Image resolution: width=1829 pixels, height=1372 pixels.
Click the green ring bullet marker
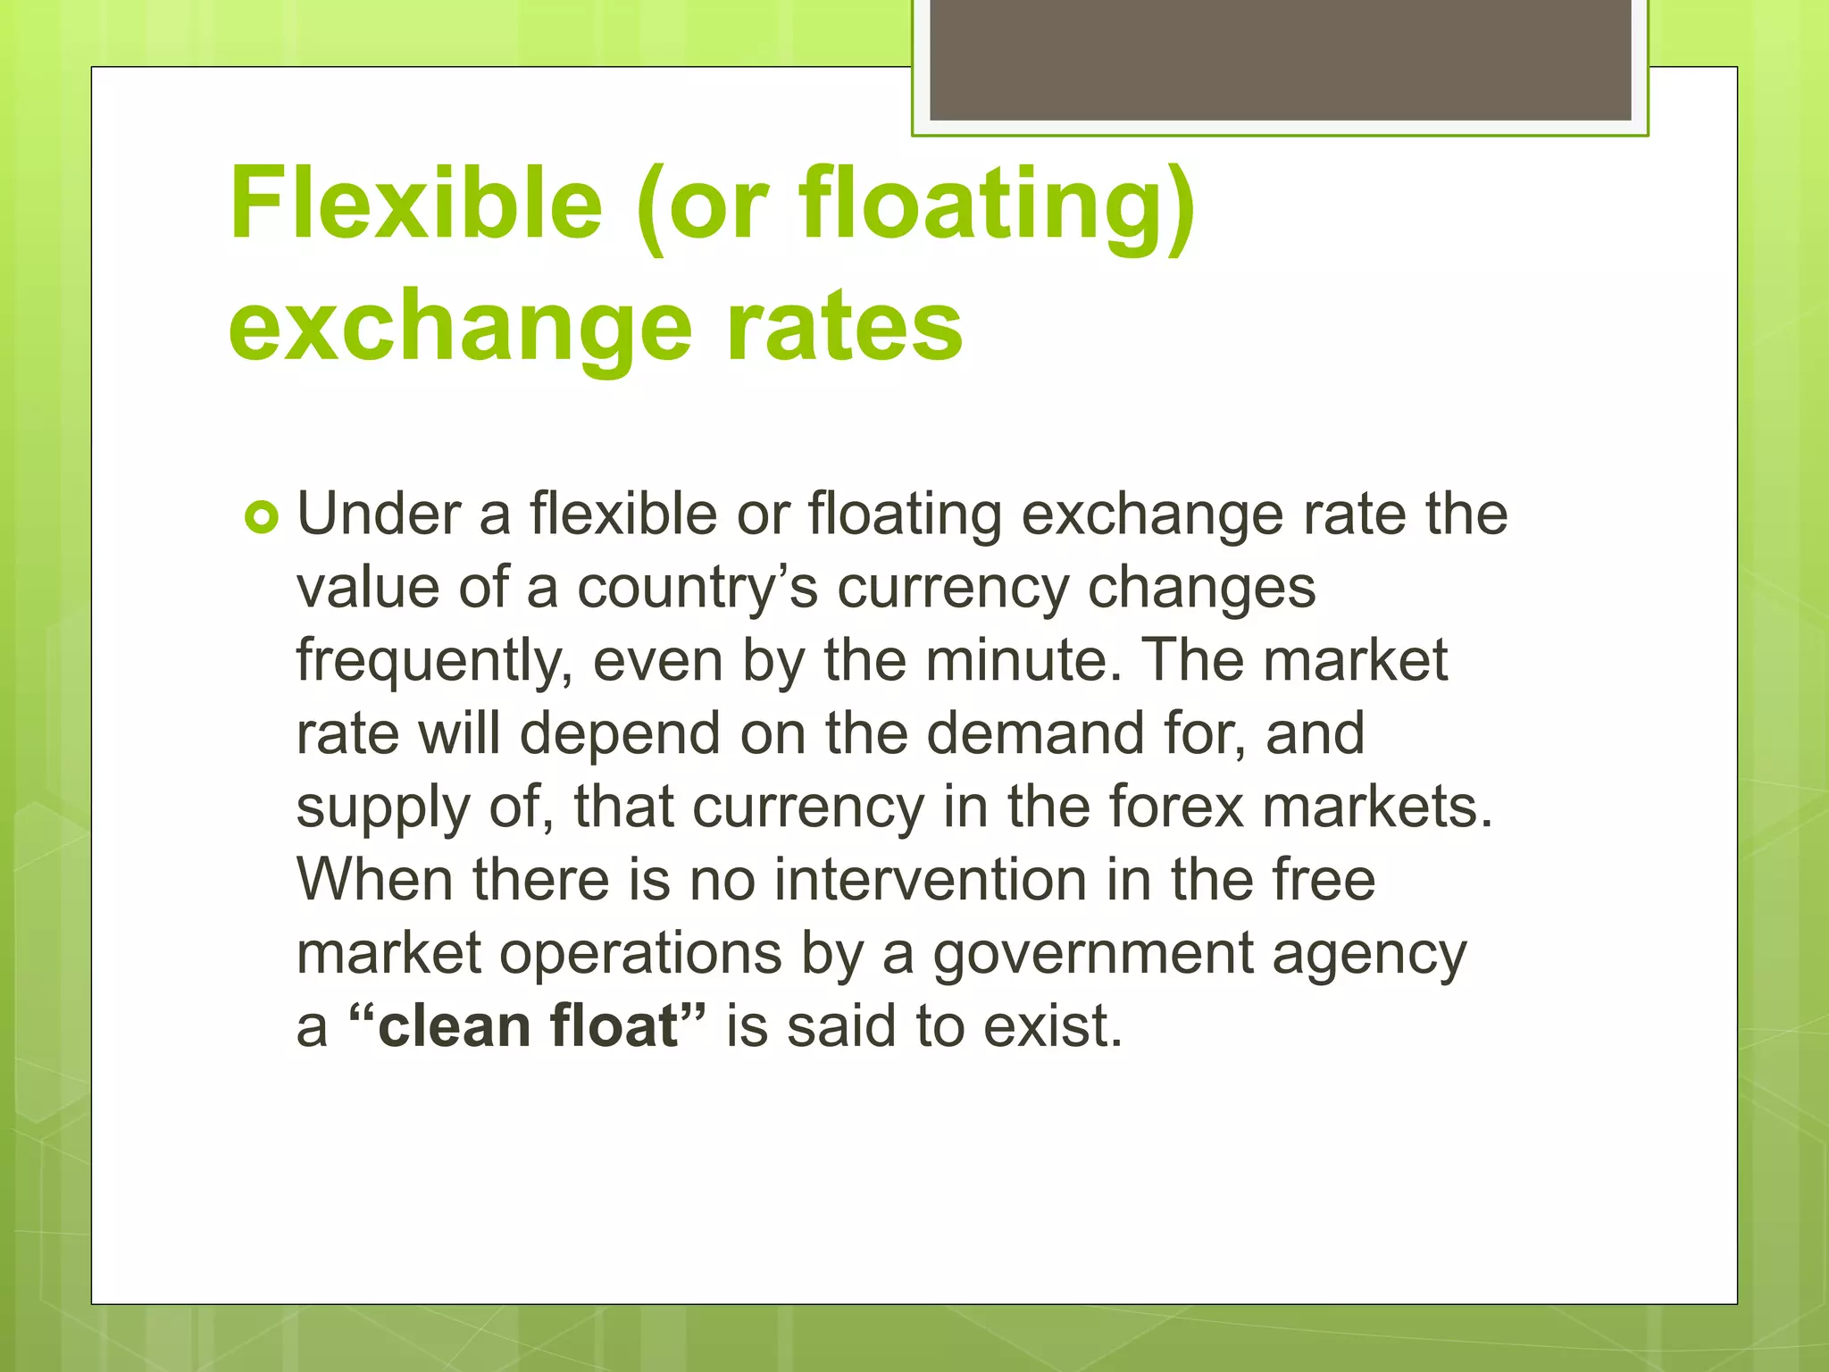tap(262, 517)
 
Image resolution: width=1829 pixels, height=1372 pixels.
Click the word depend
tap(620, 735)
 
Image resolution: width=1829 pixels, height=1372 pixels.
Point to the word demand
tap(1035, 734)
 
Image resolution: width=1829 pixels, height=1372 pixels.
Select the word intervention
tap(930, 880)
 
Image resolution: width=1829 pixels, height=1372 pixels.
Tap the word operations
tap(640, 954)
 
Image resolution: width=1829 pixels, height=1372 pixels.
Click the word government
tap(1093, 954)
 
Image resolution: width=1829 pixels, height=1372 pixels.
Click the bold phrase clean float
tap(527, 1026)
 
